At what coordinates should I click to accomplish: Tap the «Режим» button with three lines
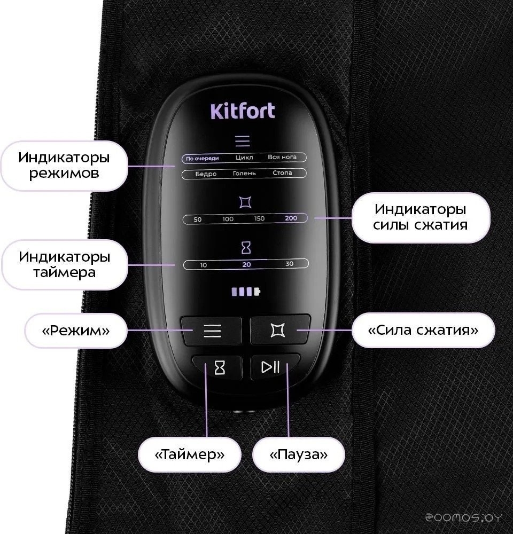coord(211,331)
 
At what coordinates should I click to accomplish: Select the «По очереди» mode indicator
coord(202,159)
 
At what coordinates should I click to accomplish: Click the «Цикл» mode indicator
coord(244,158)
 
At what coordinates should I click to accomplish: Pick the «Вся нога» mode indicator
coord(282,157)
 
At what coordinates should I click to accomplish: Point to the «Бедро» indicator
coord(206,174)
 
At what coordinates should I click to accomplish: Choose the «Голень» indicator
coord(244,174)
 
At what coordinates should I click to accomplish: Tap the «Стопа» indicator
coord(282,172)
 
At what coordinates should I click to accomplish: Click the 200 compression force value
coord(291,218)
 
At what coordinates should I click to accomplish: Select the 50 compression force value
coord(197,219)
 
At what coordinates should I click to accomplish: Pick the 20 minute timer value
coord(246,265)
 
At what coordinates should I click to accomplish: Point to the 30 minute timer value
coord(289,264)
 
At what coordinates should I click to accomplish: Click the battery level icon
coord(246,292)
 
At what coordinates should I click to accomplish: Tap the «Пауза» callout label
coord(299,454)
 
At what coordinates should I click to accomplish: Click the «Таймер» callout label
coord(190,454)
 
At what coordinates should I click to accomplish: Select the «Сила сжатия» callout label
coord(423,330)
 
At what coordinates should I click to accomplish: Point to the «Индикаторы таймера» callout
coord(65,265)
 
